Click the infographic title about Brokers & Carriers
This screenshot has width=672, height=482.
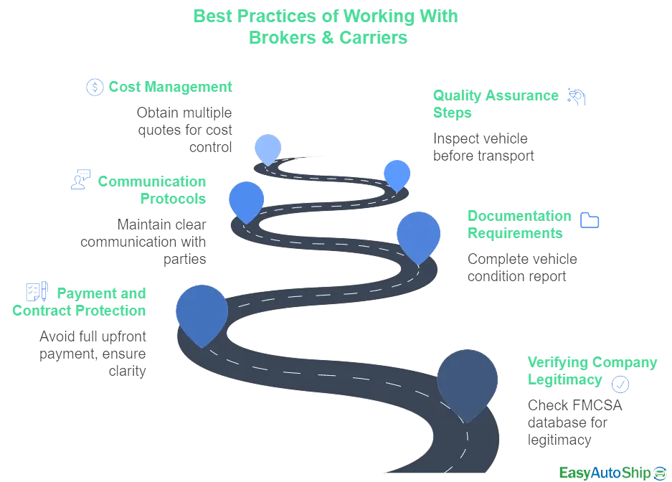point(326,27)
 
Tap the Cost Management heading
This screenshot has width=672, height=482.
point(171,87)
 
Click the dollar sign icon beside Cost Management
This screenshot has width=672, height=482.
point(95,88)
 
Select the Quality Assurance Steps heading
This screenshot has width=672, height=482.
point(495,104)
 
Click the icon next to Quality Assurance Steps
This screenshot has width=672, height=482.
point(575,97)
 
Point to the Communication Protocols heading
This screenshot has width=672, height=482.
point(151,189)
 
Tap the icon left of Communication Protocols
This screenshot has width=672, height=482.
point(80,178)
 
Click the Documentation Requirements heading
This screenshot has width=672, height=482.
point(519,225)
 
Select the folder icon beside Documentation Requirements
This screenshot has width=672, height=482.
point(590,220)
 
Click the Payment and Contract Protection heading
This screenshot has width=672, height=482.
point(80,301)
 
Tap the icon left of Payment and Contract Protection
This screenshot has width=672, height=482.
point(37,292)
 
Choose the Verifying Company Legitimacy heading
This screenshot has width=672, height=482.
point(592,370)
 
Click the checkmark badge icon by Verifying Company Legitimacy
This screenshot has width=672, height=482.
point(621,384)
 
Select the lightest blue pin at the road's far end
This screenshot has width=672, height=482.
point(268,148)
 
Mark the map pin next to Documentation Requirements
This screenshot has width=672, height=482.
point(418,233)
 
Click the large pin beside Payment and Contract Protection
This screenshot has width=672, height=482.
point(202,312)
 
